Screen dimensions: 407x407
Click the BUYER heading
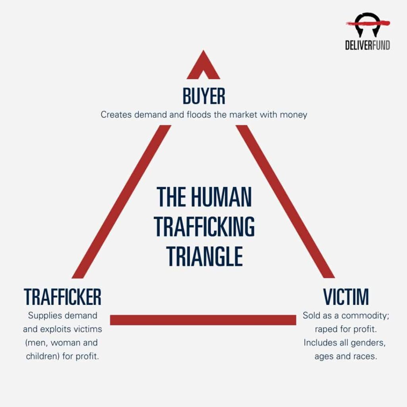[x=204, y=96]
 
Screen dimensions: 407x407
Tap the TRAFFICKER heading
[x=62, y=297]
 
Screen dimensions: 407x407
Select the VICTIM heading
[x=346, y=297]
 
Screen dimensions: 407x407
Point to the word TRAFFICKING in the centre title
[x=204, y=227]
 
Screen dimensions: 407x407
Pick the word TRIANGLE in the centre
[x=205, y=256]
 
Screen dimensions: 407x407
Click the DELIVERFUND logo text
[x=368, y=45]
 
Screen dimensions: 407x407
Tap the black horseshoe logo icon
[x=368, y=25]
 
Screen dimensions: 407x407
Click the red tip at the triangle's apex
[x=203, y=65]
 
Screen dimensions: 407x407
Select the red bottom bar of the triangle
[x=203, y=320]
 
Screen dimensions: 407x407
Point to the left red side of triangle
[x=122, y=202]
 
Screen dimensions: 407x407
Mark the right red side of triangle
[x=285, y=202]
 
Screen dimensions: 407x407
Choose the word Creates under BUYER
[x=116, y=114]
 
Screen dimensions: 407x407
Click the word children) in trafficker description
[x=43, y=356]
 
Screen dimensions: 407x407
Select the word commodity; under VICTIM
[x=365, y=316]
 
